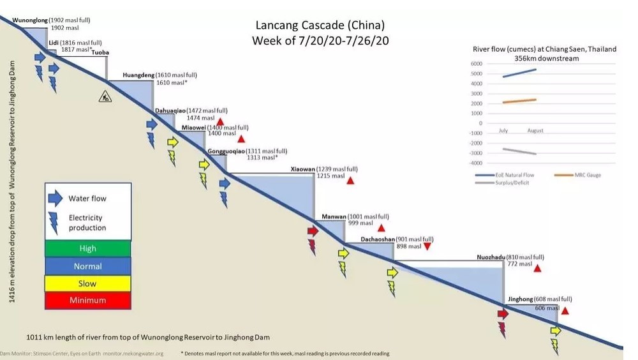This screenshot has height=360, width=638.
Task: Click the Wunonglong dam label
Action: pyautogui.click(x=29, y=20)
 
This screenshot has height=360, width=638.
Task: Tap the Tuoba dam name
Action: pyautogui.click(x=100, y=52)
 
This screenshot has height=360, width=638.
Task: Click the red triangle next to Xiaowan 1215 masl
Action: pyautogui.click(x=350, y=181)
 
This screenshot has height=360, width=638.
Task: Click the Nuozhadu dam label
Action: pyautogui.click(x=491, y=257)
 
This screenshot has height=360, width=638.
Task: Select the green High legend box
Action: pyautogui.click(x=87, y=248)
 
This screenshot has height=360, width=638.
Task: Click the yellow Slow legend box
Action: pyautogui.click(x=87, y=283)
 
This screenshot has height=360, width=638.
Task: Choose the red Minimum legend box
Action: pyautogui.click(x=87, y=300)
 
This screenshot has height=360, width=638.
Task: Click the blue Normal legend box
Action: pyautogui.click(x=87, y=266)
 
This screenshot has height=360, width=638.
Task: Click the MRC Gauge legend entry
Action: pyautogui.click(x=581, y=175)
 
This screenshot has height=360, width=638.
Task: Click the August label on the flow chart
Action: pyautogui.click(x=535, y=131)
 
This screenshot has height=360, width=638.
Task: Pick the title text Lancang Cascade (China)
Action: pyautogui.click(x=320, y=26)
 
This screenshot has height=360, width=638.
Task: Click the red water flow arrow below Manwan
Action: pyautogui.click(x=313, y=230)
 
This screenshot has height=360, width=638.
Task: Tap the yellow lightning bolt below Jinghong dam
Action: pyautogui.click(x=554, y=346)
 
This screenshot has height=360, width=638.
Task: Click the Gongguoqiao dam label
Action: pyautogui.click(x=225, y=151)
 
